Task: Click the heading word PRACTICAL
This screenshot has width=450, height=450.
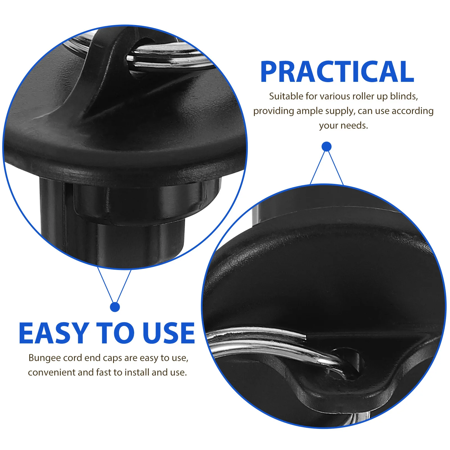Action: tap(337, 72)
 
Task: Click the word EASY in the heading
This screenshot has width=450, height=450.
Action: tap(53, 333)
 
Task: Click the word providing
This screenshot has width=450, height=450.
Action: tap(274, 111)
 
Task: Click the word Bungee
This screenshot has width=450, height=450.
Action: tap(45, 358)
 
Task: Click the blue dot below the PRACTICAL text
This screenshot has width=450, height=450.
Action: tap(327, 147)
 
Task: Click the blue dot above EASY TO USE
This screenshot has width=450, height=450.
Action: tap(115, 307)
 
